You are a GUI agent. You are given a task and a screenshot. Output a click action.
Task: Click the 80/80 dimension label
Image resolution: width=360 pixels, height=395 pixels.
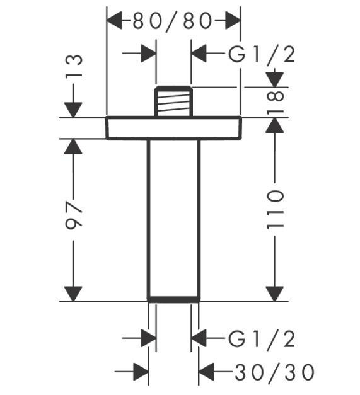[172, 21]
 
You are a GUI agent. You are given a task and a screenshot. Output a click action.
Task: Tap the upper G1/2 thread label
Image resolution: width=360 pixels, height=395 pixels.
[262, 55]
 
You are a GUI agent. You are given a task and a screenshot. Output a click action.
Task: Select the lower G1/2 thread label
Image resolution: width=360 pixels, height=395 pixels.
[262, 339]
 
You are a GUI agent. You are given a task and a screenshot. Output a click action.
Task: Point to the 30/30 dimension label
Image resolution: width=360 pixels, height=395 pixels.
[275, 372]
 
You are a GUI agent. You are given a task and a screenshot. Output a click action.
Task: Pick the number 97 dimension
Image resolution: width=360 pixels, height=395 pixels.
[74, 214]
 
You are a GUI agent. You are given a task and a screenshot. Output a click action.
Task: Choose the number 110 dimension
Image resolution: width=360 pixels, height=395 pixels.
[276, 210]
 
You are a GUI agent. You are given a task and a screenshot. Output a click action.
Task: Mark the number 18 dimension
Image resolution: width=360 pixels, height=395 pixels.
[276, 103]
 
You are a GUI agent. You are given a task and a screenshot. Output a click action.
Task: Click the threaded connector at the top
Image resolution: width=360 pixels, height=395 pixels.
[174, 101]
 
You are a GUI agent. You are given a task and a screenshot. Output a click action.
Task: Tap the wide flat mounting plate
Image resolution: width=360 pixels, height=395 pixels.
[174, 128]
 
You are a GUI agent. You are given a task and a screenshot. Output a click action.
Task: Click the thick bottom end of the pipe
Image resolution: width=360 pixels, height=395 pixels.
[174, 299]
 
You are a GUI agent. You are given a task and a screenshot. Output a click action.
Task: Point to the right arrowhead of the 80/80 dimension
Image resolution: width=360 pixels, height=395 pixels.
[232, 21]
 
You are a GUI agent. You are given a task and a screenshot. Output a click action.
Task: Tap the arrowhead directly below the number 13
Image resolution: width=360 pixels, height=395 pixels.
[73, 110]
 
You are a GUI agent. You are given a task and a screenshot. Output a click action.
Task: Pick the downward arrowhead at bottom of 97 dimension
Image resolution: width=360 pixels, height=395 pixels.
[73, 294]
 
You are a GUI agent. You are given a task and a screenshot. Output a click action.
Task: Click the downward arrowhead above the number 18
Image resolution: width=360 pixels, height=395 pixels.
[275, 80]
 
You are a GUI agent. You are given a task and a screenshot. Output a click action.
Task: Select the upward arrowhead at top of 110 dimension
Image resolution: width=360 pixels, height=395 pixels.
[275, 125]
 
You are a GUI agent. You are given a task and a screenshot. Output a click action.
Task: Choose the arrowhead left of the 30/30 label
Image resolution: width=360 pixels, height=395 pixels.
[207, 372]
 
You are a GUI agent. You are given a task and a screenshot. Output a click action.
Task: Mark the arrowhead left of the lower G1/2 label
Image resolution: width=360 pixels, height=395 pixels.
[199, 338]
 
